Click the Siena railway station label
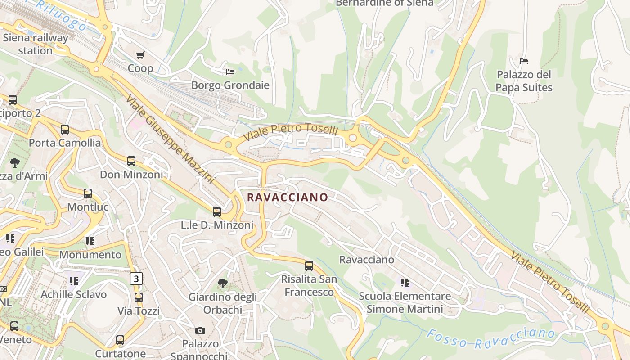click(x=35, y=44)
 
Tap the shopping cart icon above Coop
click(x=140, y=55)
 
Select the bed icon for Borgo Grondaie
click(x=230, y=72)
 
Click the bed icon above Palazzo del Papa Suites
click(x=524, y=61)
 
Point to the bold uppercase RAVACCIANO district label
click(x=288, y=198)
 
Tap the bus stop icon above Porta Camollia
click(x=65, y=130)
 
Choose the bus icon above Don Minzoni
click(x=131, y=161)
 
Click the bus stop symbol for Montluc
click(x=88, y=193)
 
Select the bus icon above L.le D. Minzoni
click(x=217, y=211)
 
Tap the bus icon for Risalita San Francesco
click(x=309, y=265)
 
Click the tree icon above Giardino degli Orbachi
click(x=222, y=283)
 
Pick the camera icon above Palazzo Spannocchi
click(x=200, y=330)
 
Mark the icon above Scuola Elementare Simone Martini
click(x=405, y=283)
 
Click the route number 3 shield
click(x=136, y=279)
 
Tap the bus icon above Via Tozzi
click(x=139, y=297)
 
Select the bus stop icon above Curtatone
click(x=120, y=340)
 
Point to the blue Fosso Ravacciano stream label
click(x=490, y=338)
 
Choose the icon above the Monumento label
click(x=90, y=241)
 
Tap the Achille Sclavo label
click(x=74, y=294)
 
